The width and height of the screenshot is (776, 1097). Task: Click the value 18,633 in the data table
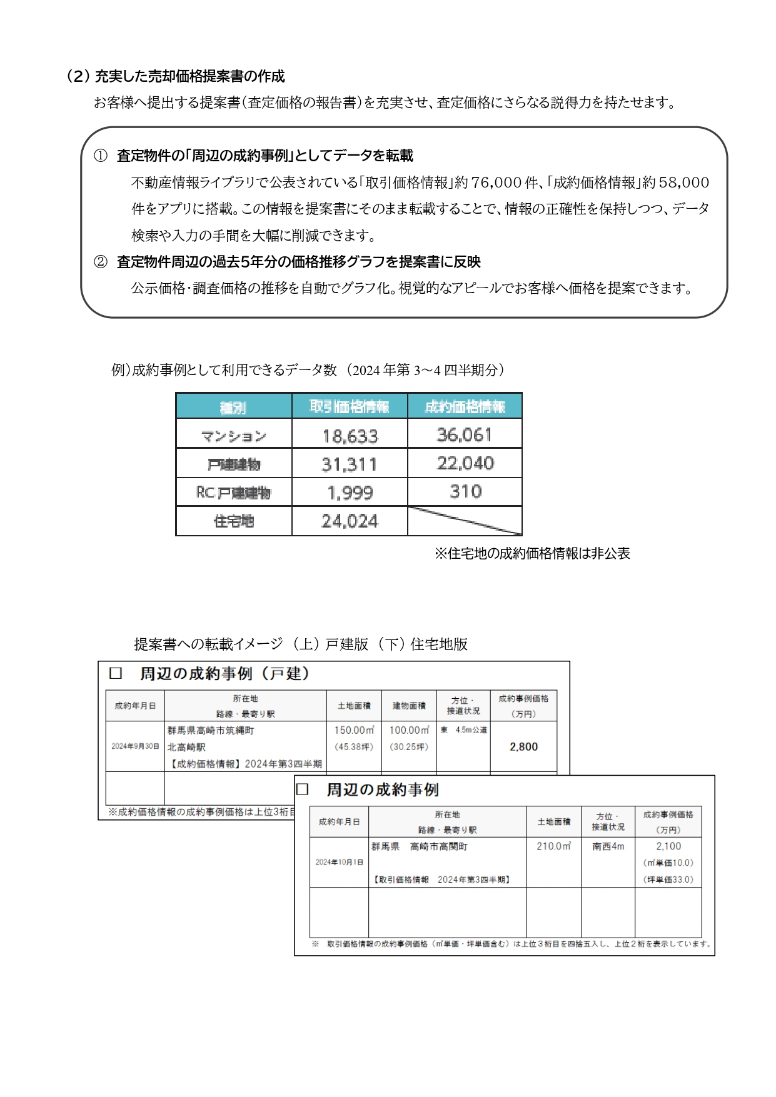click(x=350, y=436)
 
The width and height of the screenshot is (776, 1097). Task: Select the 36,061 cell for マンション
click(x=465, y=434)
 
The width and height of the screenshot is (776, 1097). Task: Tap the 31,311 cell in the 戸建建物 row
click(x=350, y=464)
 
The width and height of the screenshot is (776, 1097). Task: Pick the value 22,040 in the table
click(x=465, y=463)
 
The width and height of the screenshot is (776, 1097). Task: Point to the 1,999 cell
click(x=350, y=493)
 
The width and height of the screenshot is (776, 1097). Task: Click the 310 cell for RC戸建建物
click(x=465, y=491)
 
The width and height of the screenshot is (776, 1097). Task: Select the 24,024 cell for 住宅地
click(x=350, y=521)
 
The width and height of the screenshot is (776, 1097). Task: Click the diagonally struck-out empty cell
click(x=465, y=521)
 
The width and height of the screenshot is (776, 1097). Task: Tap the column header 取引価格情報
click(x=350, y=407)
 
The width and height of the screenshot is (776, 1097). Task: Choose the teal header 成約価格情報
click(x=465, y=407)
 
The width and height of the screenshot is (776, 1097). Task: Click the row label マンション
click(x=234, y=436)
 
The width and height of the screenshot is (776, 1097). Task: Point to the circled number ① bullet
click(x=101, y=156)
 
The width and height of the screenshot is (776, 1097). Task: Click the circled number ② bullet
click(x=101, y=262)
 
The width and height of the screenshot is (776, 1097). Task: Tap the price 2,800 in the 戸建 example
click(x=523, y=746)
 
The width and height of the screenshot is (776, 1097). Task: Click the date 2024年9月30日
click(x=135, y=746)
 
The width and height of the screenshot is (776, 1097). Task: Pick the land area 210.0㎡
click(x=553, y=846)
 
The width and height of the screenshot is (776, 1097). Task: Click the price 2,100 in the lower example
click(x=668, y=846)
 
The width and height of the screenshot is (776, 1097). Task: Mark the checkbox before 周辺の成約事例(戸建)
click(x=116, y=673)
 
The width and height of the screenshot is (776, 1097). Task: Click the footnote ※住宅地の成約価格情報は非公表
click(x=532, y=553)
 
